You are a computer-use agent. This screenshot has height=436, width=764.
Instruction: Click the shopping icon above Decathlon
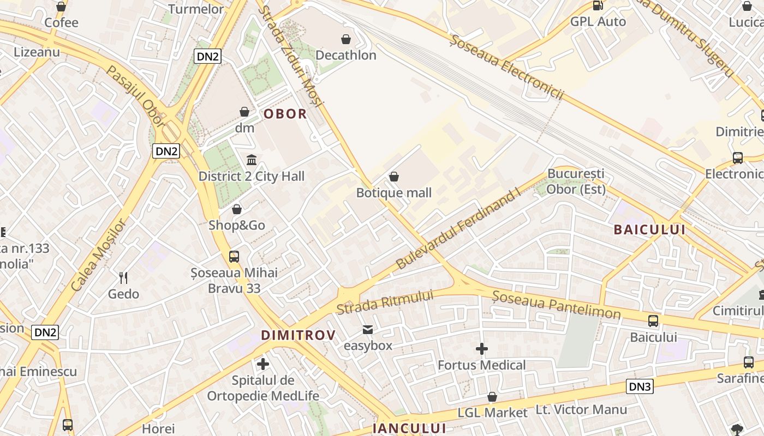click(345, 39)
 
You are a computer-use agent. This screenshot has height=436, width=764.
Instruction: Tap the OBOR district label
click(285, 114)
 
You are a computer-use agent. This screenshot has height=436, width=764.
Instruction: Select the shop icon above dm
click(244, 112)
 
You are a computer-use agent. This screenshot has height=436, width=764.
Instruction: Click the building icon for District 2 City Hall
click(252, 160)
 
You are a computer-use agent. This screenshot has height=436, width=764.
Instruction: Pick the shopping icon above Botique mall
click(394, 177)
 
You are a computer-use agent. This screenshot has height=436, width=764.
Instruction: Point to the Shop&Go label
click(237, 225)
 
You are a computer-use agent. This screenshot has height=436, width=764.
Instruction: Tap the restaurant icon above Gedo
click(123, 278)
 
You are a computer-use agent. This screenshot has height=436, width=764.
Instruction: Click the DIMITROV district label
click(298, 335)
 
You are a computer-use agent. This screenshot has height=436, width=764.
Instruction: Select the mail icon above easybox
click(368, 330)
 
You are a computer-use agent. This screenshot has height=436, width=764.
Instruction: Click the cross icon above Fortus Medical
click(482, 349)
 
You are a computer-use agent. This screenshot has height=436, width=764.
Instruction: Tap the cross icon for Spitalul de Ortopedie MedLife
click(263, 364)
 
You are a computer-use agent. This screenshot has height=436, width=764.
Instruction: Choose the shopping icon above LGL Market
click(492, 397)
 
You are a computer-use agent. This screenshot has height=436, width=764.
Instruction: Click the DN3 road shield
click(640, 387)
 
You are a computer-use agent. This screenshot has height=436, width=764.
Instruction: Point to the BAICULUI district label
click(649, 229)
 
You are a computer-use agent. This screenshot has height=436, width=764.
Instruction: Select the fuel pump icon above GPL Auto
click(598, 6)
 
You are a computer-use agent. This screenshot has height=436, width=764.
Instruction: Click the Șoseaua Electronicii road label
click(507, 68)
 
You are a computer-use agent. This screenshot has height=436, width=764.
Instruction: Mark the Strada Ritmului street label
click(385, 302)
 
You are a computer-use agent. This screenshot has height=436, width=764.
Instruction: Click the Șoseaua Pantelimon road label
click(556, 305)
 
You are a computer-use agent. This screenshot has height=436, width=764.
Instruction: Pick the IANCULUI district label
click(409, 428)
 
